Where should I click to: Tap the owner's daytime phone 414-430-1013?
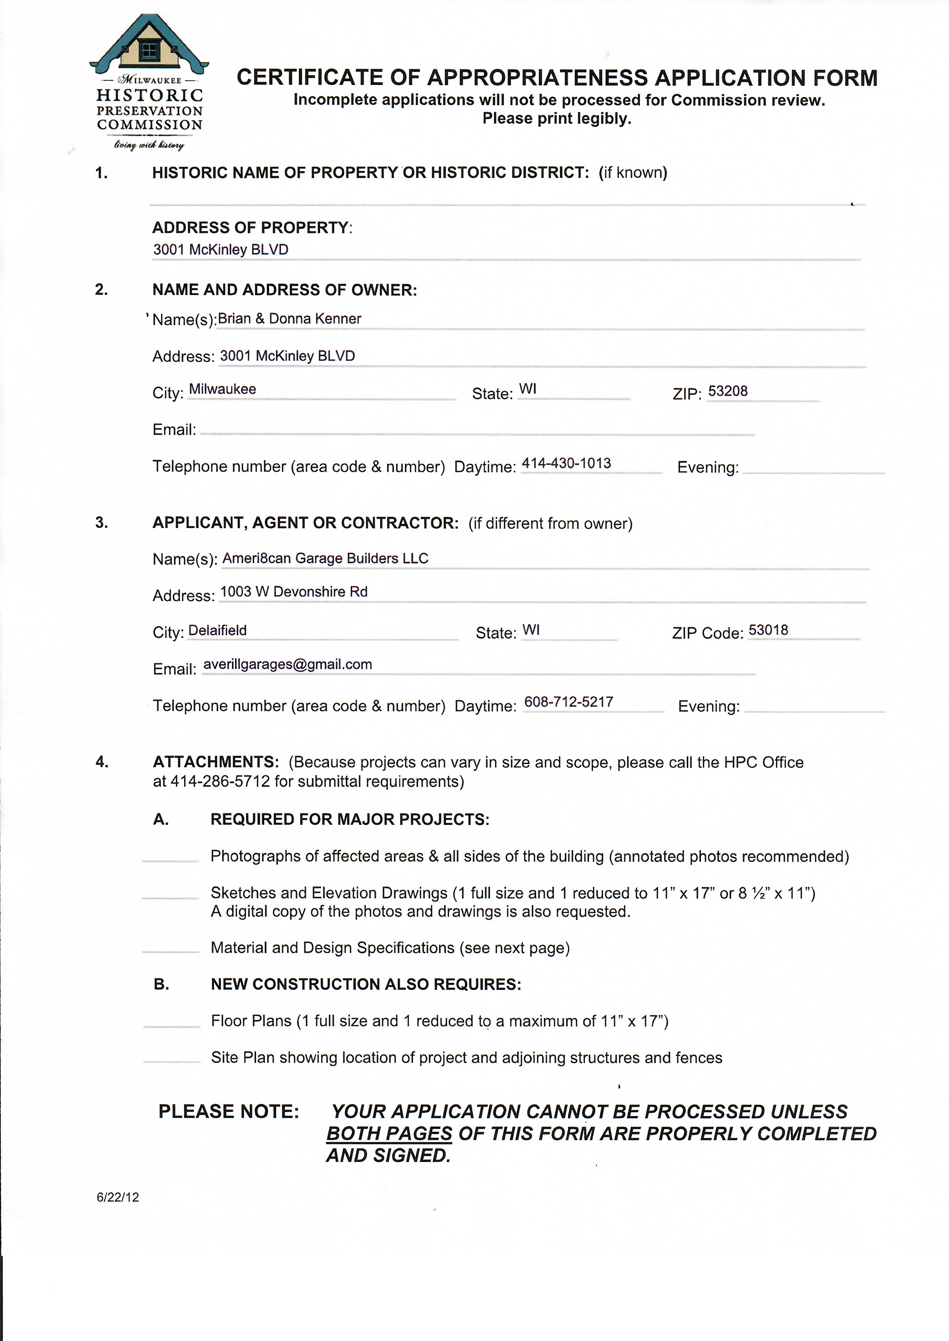[x=566, y=464]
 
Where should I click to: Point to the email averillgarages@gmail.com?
[x=287, y=665]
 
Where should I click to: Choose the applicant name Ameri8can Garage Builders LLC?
[x=325, y=558]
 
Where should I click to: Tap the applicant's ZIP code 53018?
[x=768, y=630]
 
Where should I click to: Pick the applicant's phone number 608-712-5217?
[x=568, y=702]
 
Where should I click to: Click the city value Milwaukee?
[x=222, y=389]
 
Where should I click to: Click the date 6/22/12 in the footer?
[x=118, y=1197]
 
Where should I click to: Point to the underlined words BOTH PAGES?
[x=389, y=1134]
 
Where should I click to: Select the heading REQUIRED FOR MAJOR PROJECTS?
[x=350, y=820]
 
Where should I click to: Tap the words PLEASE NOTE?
[x=229, y=1111]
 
